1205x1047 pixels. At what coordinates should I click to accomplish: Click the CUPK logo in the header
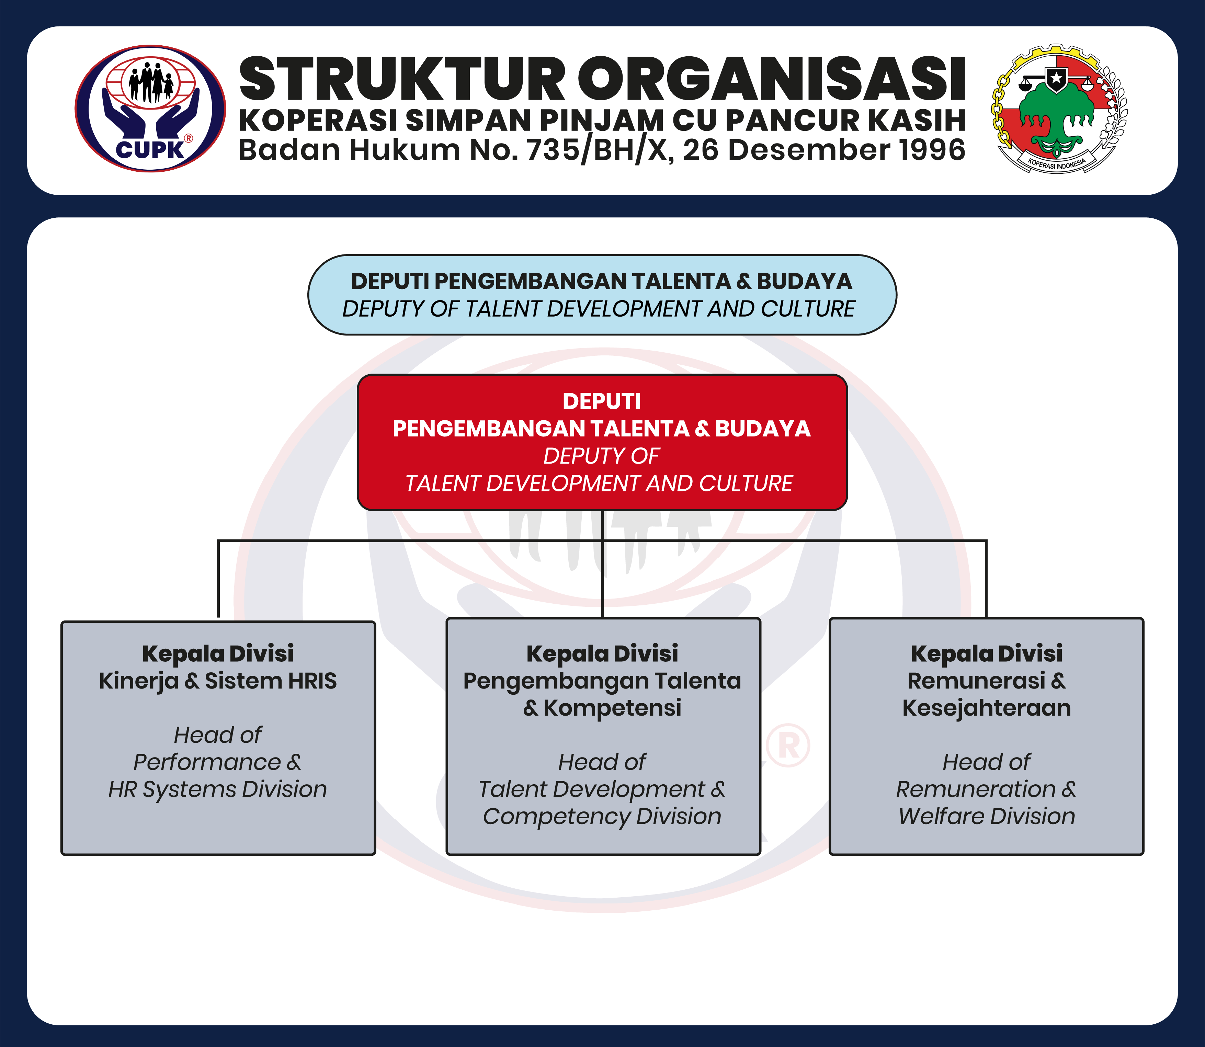tap(150, 109)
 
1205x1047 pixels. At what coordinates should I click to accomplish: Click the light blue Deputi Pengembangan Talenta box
tap(602, 295)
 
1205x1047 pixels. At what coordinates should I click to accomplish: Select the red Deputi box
tap(602, 442)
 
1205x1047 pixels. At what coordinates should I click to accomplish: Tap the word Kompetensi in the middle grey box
tap(612, 708)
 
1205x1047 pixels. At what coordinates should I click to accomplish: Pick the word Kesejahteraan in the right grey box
tap(987, 708)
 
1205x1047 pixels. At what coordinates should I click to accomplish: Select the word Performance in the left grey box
tap(207, 762)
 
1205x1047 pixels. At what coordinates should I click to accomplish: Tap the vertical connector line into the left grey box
tap(218, 578)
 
